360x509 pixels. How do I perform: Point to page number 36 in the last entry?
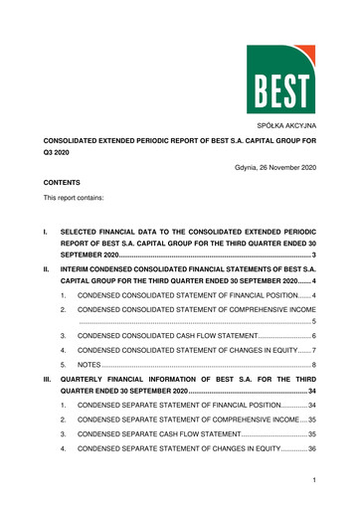pyautogui.click(x=311, y=448)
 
